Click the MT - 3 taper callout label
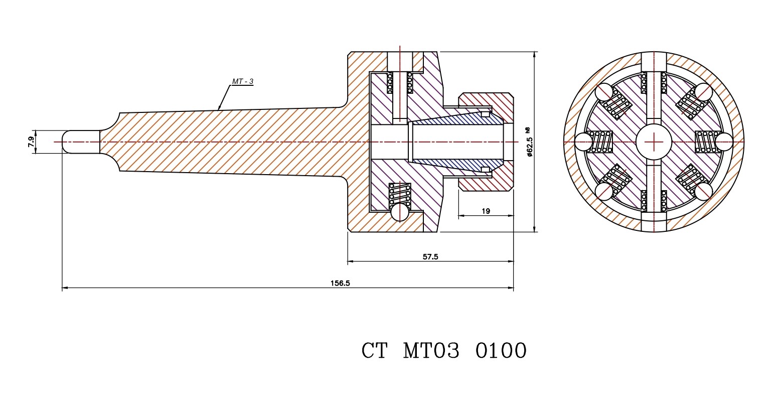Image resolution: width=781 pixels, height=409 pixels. tap(242, 81)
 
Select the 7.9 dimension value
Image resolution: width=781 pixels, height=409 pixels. tap(31, 143)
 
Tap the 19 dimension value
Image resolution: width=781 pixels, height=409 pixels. tap(486, 211)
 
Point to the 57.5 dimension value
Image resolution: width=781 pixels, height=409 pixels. tap(430, 257)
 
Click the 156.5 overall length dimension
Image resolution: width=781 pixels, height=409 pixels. tap(340, 283)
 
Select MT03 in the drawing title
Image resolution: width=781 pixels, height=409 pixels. tap(431, 351)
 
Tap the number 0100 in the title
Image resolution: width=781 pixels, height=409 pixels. tap(500, 351)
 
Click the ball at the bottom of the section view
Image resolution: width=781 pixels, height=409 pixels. tap(400, 212)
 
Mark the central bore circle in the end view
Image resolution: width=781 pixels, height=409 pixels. tap(654, 143)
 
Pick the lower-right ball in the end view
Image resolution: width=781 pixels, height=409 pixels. tap(703, 192)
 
